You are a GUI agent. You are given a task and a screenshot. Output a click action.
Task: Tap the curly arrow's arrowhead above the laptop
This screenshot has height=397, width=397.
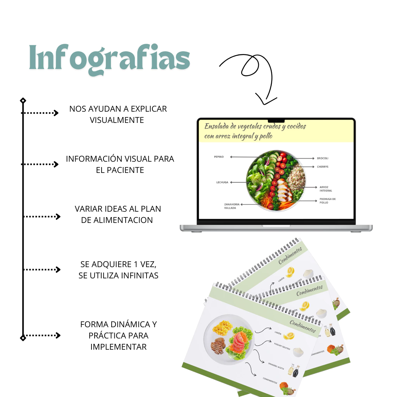pyautogui.click(x=265, y=100)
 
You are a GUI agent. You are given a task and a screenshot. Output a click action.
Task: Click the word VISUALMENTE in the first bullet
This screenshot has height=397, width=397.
pyautogui.click(x=117, y=120)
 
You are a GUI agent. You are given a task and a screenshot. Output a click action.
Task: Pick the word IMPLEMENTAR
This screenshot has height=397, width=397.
pyautogui.click(x=118, y=347)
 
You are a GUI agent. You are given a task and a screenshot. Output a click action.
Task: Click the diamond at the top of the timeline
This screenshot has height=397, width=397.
pyautogui.click(x=23, y=101)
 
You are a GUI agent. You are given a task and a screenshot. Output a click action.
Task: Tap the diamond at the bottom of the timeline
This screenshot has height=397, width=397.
pyautogui.click(x=23, y=338)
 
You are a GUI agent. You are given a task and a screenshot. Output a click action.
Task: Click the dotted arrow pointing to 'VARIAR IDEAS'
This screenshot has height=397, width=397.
pyautogui.click(x=42, y=217)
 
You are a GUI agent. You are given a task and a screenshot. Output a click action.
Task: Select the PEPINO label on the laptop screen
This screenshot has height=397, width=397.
pyautogui.click(x=219, y=157)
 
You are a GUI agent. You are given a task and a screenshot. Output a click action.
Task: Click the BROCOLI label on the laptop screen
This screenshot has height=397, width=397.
pyautogui.click(x=323, y=159)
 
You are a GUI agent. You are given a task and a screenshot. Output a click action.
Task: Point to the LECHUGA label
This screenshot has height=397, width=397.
pyautogui.click(x=222, y=182)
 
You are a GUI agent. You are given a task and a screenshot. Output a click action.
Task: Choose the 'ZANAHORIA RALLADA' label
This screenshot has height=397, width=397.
pyautogui.click(x=231, y=206)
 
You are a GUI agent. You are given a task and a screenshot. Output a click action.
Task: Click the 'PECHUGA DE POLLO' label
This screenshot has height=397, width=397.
pyautogui.click(x=327, y=201)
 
